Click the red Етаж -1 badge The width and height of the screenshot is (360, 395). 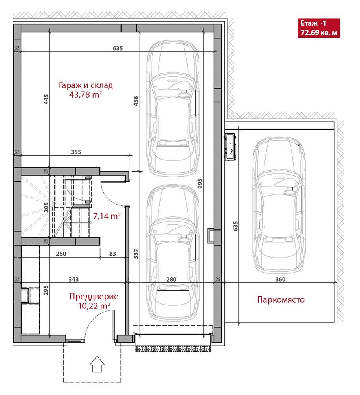319,28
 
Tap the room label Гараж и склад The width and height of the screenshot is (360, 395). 86,85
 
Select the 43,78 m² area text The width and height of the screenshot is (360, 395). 86,94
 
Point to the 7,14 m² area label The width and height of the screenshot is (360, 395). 107,216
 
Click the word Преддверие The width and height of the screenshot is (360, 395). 94,296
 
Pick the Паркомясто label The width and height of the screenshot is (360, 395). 281,299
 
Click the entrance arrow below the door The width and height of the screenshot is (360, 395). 97,364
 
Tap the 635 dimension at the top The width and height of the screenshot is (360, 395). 118,48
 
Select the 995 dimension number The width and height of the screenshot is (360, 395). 200,184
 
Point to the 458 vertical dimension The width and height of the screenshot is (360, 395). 136,101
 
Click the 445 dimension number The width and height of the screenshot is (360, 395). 46,99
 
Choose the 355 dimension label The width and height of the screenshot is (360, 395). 76,152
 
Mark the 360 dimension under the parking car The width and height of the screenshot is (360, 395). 280,279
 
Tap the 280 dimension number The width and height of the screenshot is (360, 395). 171,279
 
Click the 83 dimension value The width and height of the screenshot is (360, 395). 112,254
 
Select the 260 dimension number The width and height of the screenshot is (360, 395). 61,254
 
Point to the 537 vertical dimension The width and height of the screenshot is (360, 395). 136,254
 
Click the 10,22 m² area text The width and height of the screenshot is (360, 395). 94,306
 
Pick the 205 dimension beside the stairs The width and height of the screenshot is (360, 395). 46,207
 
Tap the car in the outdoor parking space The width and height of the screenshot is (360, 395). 279,205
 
